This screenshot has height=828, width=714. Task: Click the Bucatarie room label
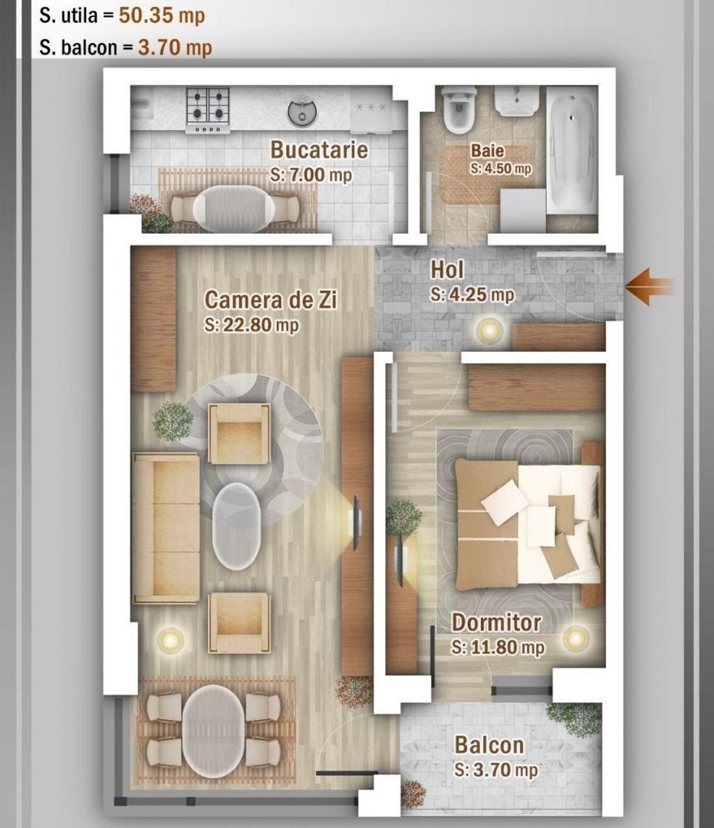coord(318,149)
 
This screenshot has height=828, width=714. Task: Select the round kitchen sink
coord(303,112)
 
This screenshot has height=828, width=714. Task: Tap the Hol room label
coord(447,270)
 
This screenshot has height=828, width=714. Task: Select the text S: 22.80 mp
coord(252,325)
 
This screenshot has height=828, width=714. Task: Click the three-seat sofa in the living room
coord(166,527)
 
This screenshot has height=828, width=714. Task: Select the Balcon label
coord(489,744)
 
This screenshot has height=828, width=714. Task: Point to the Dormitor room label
coord(496,622)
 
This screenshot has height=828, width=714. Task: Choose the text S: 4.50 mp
coord(501,168)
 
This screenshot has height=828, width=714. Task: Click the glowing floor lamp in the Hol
coord(488,330)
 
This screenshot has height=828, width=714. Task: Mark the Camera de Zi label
coord(271,299)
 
